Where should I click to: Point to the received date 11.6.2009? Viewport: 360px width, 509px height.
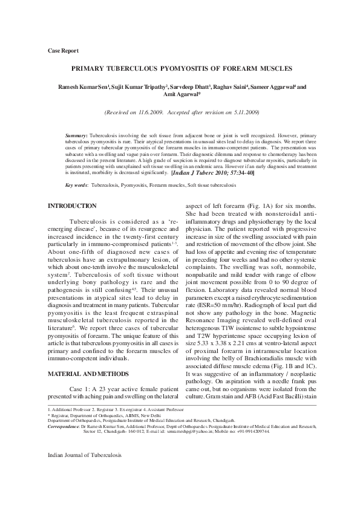tap(149, 112)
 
